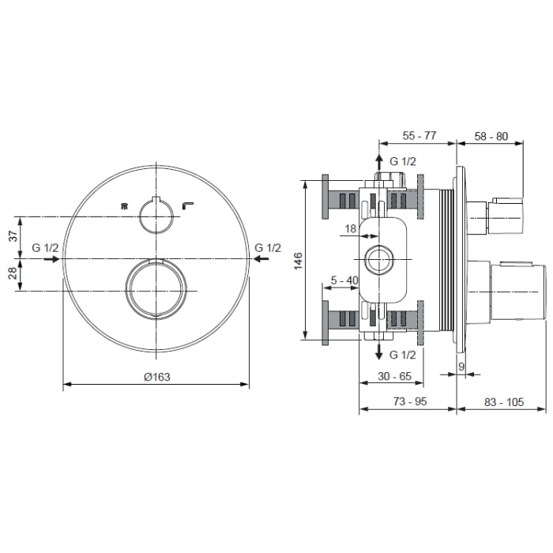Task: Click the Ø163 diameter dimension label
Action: [156, 377]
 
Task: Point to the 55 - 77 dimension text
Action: [419, 135]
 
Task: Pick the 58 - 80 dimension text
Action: [491, 135]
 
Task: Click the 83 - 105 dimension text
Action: [503, 401]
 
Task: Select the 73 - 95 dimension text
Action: [409, 401]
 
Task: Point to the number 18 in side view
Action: [350, 228]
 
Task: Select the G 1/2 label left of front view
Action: [45, 248]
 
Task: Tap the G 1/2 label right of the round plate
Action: [268, 248]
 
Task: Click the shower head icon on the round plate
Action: [123, 206]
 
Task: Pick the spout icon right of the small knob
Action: [188, 205]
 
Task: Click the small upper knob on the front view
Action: [156, 213]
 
